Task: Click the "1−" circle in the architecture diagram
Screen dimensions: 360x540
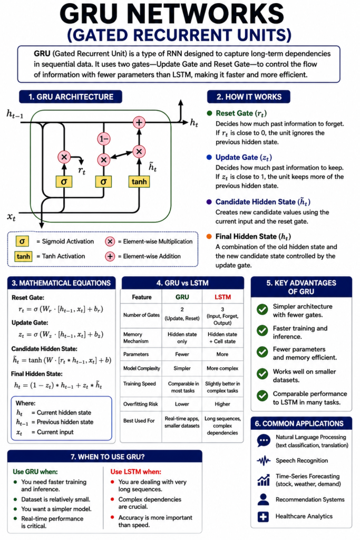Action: (x=104, y=139)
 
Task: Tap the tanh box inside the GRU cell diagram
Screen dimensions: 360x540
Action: (x=139, y=181)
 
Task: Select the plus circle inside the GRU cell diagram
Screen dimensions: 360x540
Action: (x=139, y=122)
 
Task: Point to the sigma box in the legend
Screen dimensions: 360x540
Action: (x=22, y=242)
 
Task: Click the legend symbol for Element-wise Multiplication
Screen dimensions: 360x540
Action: (x=110, y=242)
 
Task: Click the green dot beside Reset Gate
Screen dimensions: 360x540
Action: (x=209, y=113)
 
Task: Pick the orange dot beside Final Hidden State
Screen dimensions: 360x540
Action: (x=209, y=236)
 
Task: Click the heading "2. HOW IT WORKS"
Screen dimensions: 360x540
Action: (x=249, y=97)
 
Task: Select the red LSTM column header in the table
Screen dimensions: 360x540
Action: (x=222, y=297)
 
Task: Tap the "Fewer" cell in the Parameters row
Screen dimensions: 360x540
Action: (x=182, y=354)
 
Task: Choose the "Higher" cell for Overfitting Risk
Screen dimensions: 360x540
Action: (x=222, y=404)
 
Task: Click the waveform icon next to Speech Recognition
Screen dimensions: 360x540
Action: (x=264, y=460)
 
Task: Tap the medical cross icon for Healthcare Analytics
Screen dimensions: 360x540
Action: (x=264, y=517)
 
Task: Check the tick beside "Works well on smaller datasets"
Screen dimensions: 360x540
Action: (x=262, y=374)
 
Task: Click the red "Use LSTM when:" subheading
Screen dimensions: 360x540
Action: (x=135, y=471)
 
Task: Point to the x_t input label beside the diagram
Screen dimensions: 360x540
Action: (x=11, y=217)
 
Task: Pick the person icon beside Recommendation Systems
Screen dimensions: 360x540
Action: (x=264, y=499)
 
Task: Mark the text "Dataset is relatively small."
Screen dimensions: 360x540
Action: (x=56, y=499)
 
